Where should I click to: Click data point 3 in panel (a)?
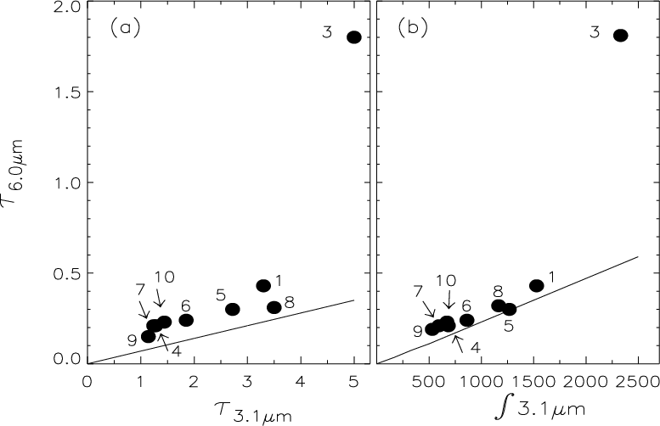click(x=354, y=37)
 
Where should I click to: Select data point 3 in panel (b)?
click(x=620, y=36)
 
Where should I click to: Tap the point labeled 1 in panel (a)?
click(x=263, y=285)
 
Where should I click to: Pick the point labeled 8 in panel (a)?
click(x=274, y=307)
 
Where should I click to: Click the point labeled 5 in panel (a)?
click(x=233, y=310)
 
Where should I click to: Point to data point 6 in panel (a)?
click(x=186, y=320)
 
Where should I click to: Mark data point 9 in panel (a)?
click(x=148, y=336)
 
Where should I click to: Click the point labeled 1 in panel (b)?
click(x=536, y=285)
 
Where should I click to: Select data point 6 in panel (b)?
click(x=467, y=320)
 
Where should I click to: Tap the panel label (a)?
click(x=125, y=29)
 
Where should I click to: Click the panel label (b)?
click(x=413, y=29)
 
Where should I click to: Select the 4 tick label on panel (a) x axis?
click(x=301, y=381)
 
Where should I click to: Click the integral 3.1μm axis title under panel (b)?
click(x=539, y=410)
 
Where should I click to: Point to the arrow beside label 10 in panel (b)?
click(x=448, y=299)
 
